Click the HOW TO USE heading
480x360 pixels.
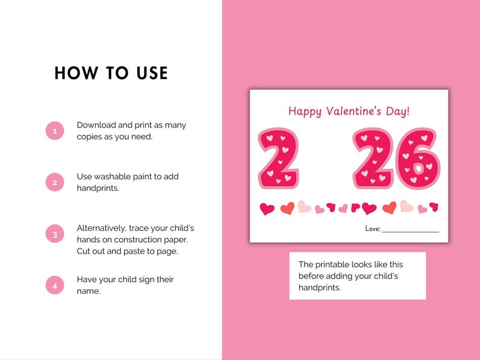pos(111,73)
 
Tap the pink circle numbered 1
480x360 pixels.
pos(54,130)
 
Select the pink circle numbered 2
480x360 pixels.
pos(54,182)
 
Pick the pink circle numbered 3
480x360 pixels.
pos(54,234)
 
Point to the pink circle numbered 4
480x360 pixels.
pos(54,285)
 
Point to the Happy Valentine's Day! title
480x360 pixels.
pos(349,111)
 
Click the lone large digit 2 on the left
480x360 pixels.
pos(278,158)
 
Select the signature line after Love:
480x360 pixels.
pos(410,231)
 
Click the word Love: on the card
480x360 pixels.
pos(372,228)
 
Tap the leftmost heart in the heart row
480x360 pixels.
pos(267,209)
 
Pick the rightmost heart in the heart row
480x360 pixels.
pos(433,207)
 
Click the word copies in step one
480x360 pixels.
pos(90,137)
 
